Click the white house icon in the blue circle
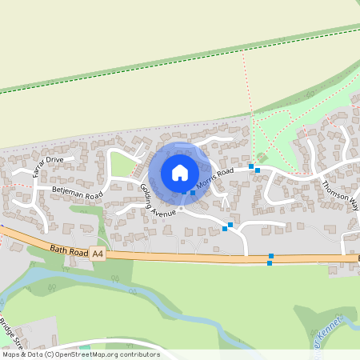(180, 172)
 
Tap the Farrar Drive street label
(45, 166)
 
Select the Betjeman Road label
(77, 192)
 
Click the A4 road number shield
(98, 254)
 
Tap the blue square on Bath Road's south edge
(270, 262)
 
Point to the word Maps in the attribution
(11, 354)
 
